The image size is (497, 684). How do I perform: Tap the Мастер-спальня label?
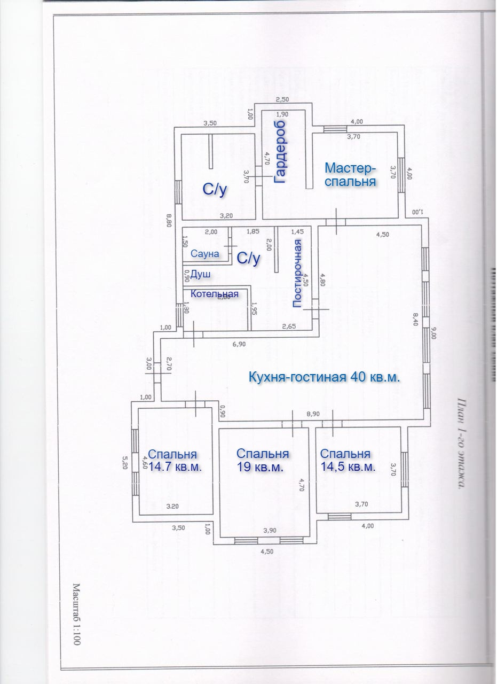[351, 175]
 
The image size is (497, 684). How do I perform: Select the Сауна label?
[205, 254]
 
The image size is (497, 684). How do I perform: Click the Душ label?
[200, 274]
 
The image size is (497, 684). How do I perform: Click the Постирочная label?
[298, 273]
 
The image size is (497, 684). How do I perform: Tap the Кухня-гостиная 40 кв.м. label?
[325, 377]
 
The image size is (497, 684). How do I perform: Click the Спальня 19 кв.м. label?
[262, 460]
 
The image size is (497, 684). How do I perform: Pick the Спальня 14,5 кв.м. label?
[348, 460]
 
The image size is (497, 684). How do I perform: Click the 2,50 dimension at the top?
[282, 99]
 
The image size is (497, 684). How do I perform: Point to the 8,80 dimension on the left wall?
[169, 220]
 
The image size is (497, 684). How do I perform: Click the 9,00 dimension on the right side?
[433, 334]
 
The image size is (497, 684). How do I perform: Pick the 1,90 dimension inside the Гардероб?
[282, 114]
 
